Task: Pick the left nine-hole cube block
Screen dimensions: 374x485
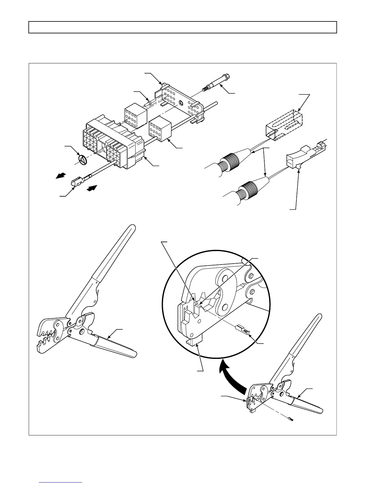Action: coord(135,117)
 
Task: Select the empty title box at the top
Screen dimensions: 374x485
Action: coord(183,27)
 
